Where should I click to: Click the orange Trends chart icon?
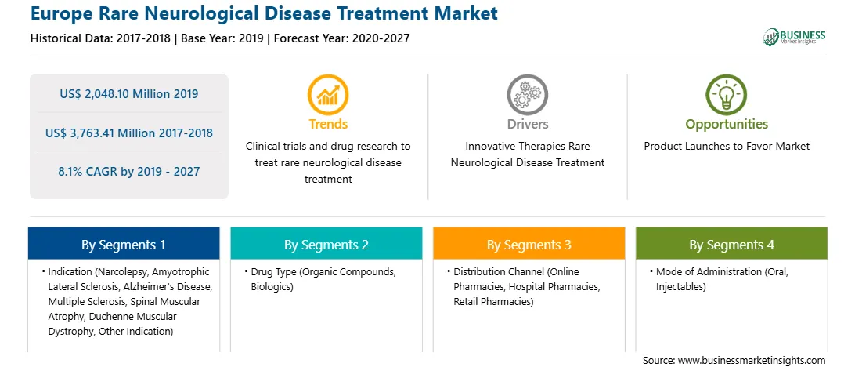click(328, 95)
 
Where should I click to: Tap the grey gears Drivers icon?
click(527, 95)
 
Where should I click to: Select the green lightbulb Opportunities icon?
click(727, 95)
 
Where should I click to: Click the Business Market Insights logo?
click(795, 37)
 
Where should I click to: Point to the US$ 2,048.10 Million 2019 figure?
click(128, 94)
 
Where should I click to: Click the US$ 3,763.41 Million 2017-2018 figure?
click(128, 133)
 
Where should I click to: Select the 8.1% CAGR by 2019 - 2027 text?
click(128, 172)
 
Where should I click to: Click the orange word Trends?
click(328, 124)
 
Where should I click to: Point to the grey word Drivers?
click(527, 124)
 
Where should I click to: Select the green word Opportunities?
click(727, 125)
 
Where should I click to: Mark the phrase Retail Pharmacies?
click(493, 301)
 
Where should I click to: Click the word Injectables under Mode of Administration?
click(681, 287)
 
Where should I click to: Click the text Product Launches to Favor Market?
click(727, 147)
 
